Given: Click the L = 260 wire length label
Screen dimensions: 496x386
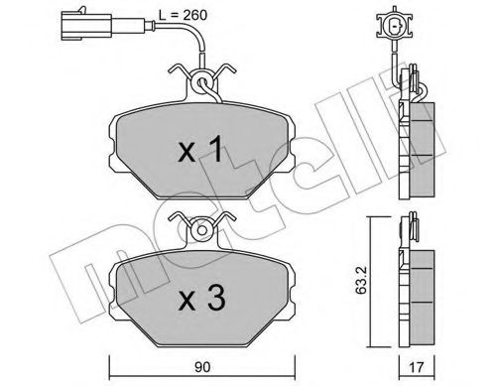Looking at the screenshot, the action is click(183, 15).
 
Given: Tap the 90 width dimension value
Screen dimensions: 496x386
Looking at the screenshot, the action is click(202, 367).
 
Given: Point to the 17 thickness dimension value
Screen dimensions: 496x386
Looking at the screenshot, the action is click(417, 368).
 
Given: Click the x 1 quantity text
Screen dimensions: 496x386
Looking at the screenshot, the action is click(200, 150).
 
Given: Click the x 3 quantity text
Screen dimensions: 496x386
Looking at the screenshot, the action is click(202, 298).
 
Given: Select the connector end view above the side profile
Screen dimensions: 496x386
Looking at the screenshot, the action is click(394, 25).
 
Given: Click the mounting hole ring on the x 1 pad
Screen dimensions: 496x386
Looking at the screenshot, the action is click(202, 81).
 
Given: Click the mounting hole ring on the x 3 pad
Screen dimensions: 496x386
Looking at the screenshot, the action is click(202, 229).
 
